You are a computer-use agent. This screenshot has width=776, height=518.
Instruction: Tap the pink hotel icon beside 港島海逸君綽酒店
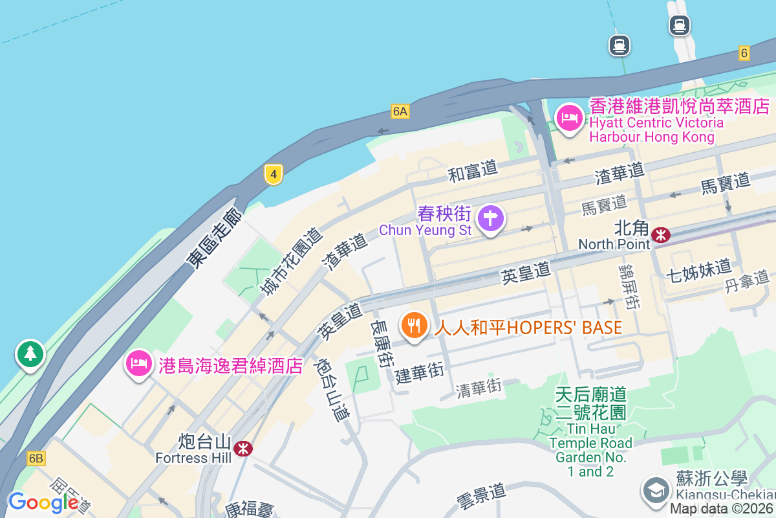click(138, 364)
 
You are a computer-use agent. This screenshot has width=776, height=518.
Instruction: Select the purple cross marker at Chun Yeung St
click(490, 219)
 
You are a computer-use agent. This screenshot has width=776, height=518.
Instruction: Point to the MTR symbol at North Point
click(661, 234)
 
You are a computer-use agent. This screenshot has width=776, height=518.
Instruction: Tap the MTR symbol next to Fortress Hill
click(243, 447)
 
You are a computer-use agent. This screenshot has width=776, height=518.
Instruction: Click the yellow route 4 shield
click(274, 174)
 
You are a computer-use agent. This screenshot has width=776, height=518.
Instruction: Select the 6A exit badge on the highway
click(400, 111)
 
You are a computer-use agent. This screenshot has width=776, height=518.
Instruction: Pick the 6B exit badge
click(36, 458)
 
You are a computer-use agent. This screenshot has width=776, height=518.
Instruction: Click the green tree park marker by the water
click(30, 354)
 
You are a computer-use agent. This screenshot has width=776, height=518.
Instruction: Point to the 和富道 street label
click(473, 172)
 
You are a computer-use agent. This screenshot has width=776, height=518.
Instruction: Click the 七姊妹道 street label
click(698, 268)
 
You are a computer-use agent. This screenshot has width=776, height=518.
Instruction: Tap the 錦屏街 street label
click(629, 286)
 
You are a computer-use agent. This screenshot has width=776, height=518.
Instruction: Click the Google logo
click(43, 502)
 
